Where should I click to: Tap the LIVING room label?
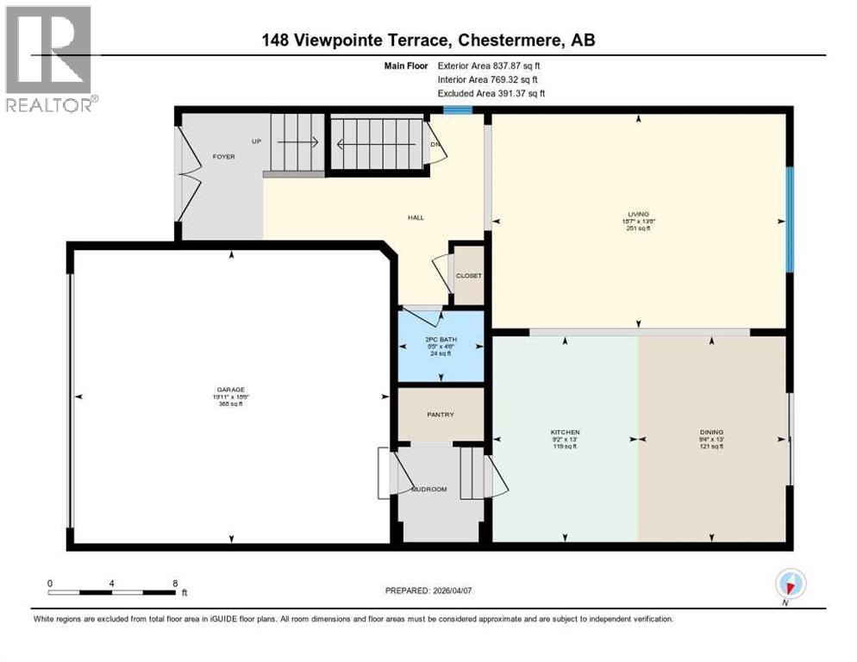point(638,214)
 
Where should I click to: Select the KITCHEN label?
point(566,432)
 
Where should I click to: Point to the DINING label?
point(711,432)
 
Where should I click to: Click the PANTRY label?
point(440,415)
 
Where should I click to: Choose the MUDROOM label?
point(428,489)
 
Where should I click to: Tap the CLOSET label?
point(469,276)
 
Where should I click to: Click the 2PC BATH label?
point(440,340)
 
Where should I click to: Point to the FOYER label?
point(224,156)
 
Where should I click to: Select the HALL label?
point(416,217)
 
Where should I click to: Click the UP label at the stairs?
point(256,141)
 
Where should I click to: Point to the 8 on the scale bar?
point(175,583)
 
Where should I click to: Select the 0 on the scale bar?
point(50,583)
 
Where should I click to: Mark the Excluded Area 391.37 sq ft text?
point(491,93)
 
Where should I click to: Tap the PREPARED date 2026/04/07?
point(428,590)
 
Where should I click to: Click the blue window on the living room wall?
point(789,220)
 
